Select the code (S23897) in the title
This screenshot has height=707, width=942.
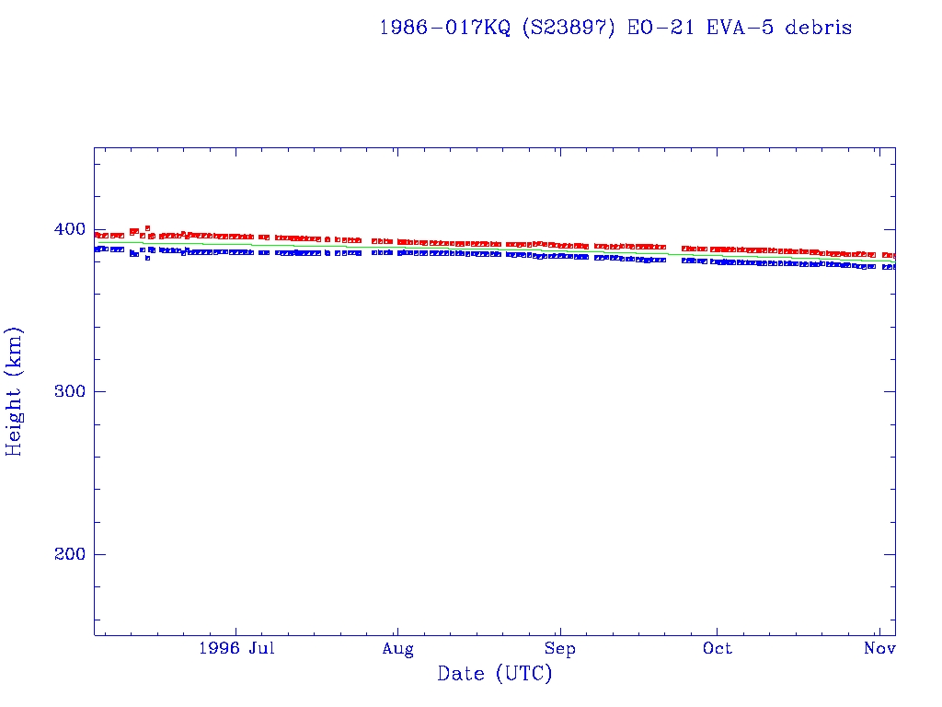coord(569,28)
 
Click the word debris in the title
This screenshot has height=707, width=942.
coord(818,28)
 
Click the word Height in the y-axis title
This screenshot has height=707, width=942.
coord(14,422)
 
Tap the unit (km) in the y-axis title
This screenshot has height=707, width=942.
coord(14,353)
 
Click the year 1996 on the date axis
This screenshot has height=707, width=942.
coord(219,649)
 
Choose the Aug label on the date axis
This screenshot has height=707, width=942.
coord(397,649)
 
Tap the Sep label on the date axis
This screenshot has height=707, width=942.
coord(558,649)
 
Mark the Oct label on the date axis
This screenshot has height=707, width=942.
coord(718,649)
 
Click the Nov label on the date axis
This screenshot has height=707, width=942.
coord(880,649)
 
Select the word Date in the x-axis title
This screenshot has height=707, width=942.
coord(460,674)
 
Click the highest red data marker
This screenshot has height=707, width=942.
coord(147,227)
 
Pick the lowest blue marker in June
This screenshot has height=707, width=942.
coord(147,258)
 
